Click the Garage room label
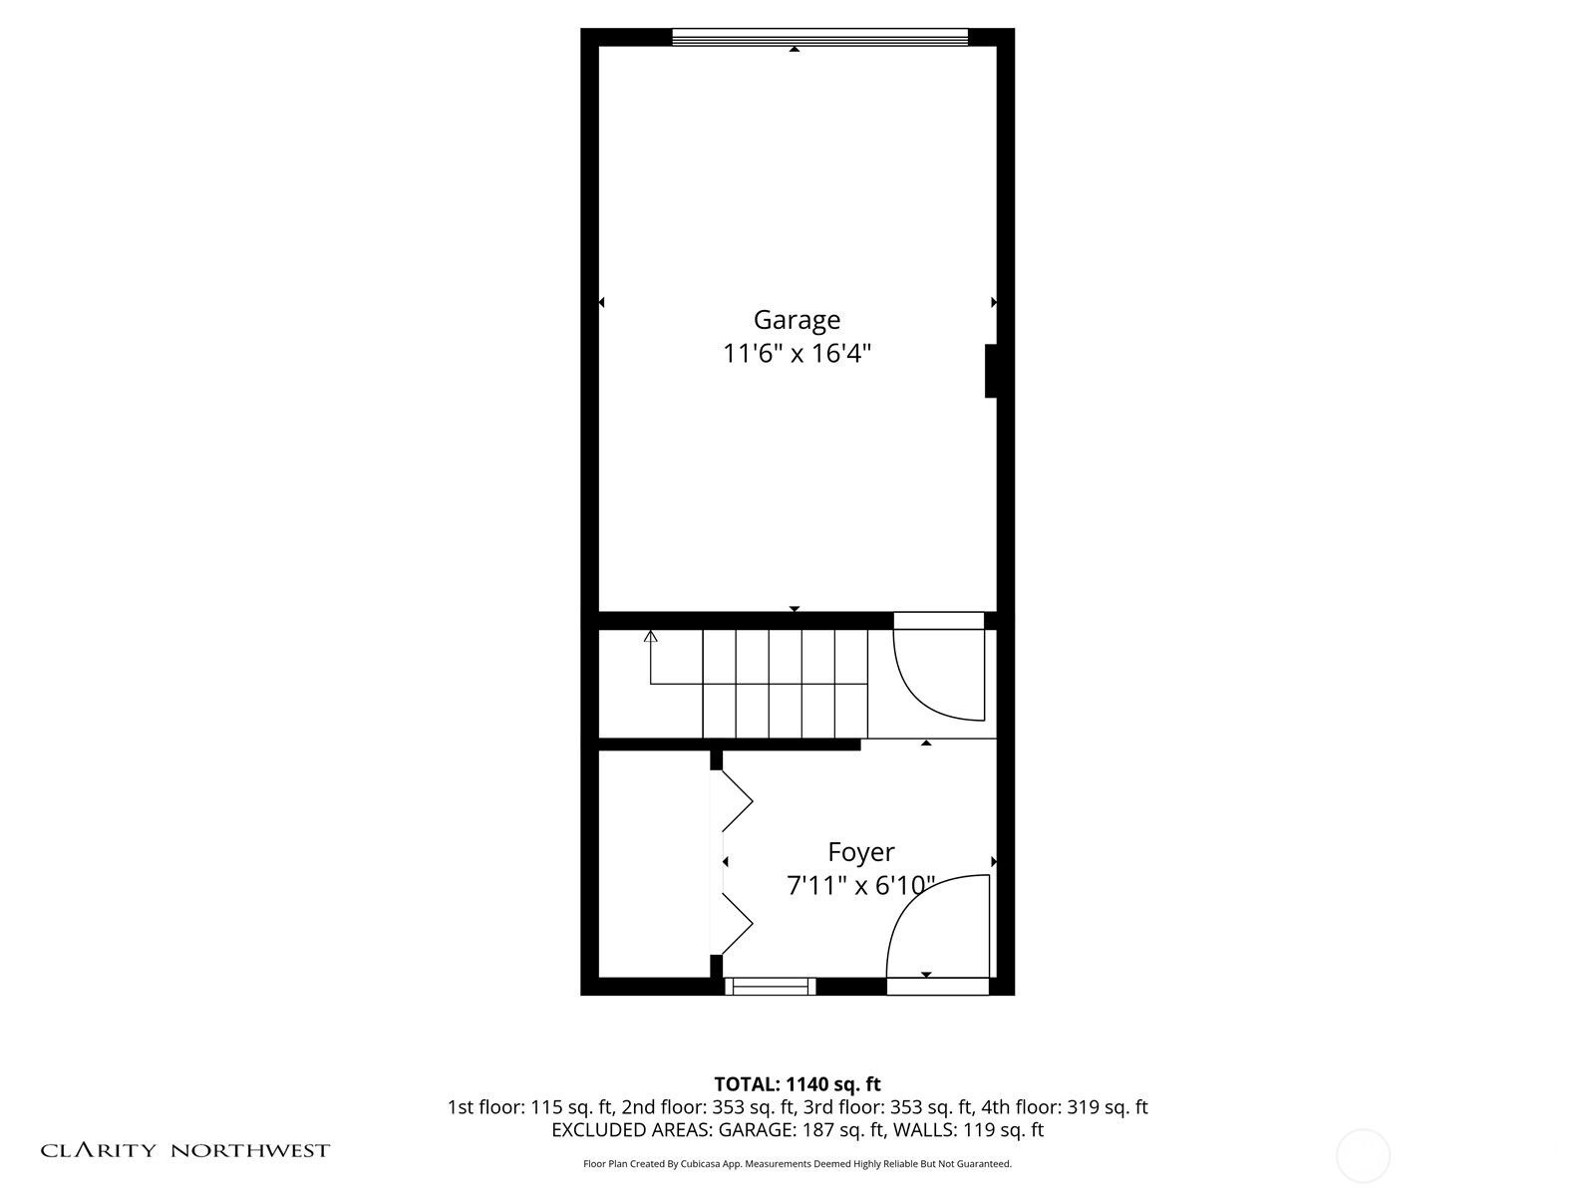point(797,320)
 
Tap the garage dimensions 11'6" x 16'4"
point(797,354)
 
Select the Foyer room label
point(861,852)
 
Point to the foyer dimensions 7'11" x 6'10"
point(861,885)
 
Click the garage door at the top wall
point(819,38)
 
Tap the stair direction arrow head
point(651,636)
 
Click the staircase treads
point(785,684)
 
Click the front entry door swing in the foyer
point(937,927)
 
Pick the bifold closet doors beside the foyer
point(736,863)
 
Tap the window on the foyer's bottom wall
point(769,987)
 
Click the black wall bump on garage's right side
point(991,371)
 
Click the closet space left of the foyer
point(653,863)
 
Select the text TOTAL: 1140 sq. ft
point(797,1083)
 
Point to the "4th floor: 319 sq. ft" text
point(1065,1107)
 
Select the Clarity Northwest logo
point(185,1150)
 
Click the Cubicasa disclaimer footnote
point(797,1164)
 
